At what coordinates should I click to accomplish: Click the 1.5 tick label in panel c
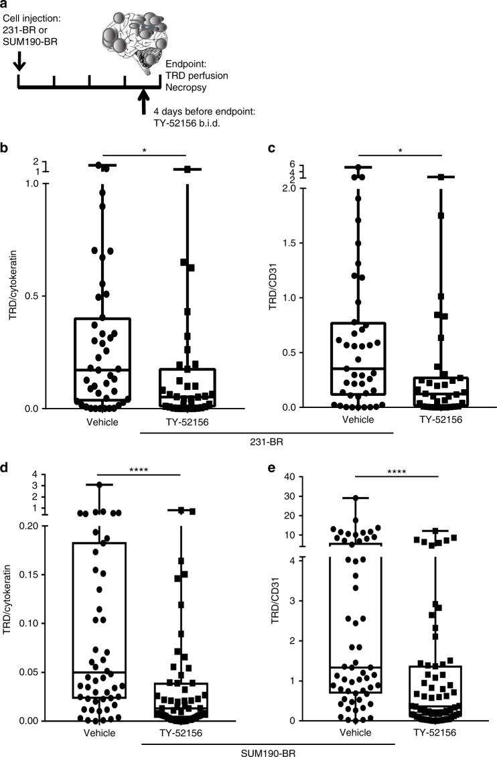(x=288, y=243)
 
